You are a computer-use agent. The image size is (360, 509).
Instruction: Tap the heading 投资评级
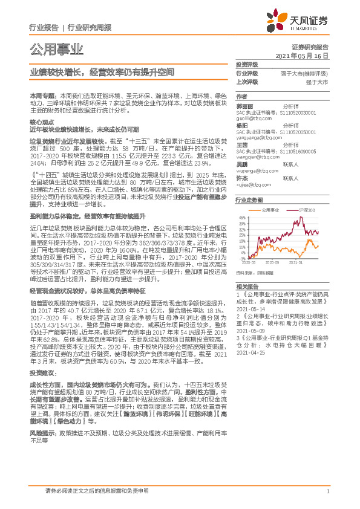pos(246,65)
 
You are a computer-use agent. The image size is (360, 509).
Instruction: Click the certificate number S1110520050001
pos(299,131)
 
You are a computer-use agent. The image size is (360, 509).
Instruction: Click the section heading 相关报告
pos(246,286)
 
